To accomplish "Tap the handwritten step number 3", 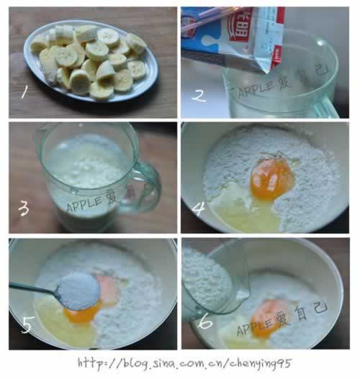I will pyautogui.click(x=24, y=209).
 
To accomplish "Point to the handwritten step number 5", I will pyautogui.click(x=27, y=325).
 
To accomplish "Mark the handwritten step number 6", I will pyautogui.click(x=206, y=322).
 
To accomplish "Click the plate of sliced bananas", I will pyautogui.click(x=91, y=60).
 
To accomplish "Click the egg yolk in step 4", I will pyautogui.click(x=274, y=180).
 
